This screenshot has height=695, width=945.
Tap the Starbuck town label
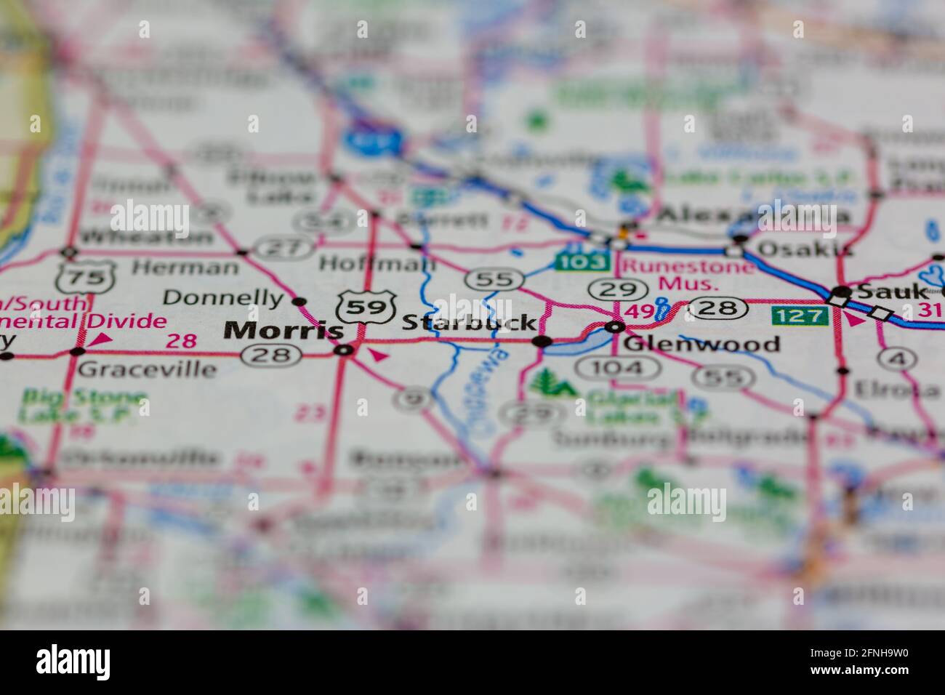click(470, 322)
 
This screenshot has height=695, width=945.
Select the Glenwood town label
click(701, 344)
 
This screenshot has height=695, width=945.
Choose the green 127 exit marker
click(800, 316)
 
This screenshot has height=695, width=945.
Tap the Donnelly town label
click(222, 297)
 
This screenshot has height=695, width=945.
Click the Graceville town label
click(147, 369)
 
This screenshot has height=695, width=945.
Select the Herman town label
click(185, 267)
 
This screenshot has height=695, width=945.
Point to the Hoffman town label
click(377, 262)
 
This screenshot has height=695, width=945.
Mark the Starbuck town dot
click(542, 341)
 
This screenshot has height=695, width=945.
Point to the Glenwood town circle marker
click(616, 327)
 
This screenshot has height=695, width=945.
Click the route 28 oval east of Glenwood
click(717, 309)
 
